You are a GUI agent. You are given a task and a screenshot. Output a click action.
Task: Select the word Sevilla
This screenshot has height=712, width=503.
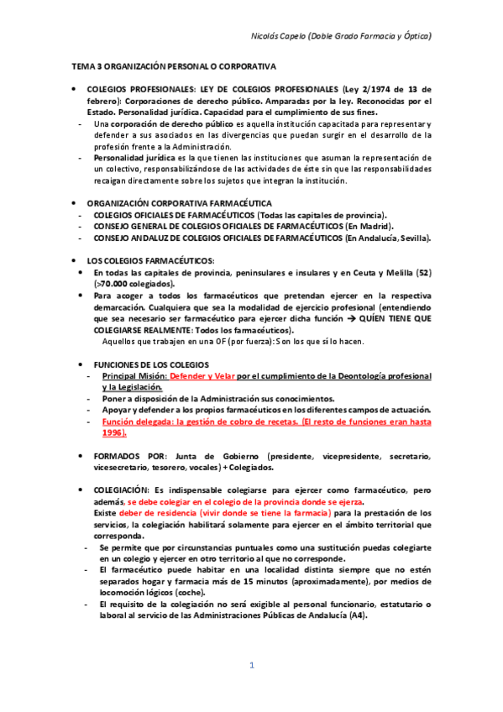pyautogui.click(x=412, y=238)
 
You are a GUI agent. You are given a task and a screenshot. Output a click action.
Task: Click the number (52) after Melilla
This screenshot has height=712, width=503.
pyautogui.click(x=422, y=273)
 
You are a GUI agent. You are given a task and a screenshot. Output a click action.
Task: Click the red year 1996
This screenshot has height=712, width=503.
pyautogui.click(x=113, y=432)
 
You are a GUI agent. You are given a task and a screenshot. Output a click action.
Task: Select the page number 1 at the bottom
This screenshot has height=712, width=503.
pyautogui.click(x=251, y=666)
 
